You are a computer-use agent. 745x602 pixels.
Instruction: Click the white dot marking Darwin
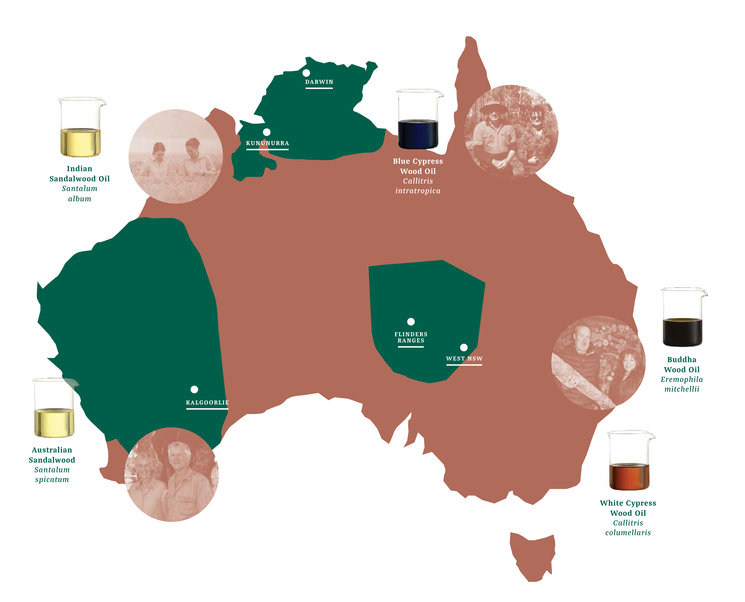click(306, 73)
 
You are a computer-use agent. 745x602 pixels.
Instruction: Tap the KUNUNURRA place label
click(268, 143)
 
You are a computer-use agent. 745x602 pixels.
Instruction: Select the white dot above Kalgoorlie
click(194, 389)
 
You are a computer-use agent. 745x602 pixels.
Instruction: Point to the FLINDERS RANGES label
click(411, 337)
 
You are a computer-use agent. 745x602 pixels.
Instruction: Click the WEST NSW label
click(464, 359)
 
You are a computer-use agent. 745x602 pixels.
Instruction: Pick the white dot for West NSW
click(464, 347)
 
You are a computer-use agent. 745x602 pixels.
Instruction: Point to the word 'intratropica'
click(418, 191)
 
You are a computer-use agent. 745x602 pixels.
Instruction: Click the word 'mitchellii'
click(682, 389)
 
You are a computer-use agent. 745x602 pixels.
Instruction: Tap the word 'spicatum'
click(52, 480)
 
